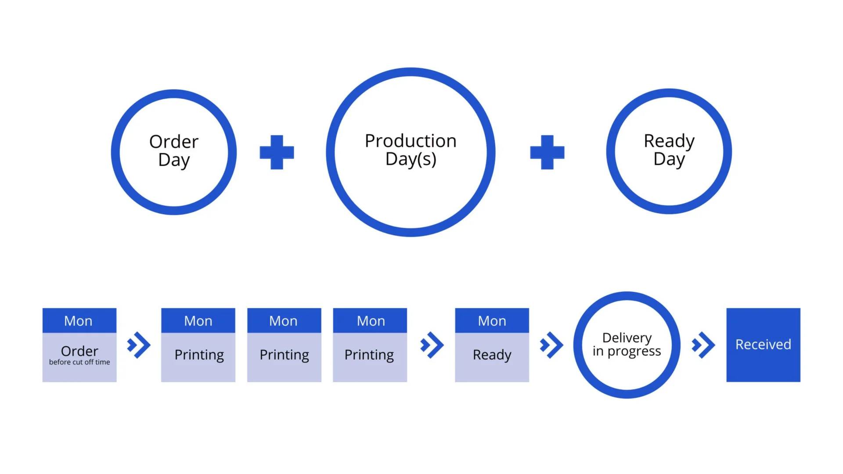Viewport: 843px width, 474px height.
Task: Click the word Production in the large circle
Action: click(411, 141)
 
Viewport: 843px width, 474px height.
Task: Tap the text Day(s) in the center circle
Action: click(411, 159)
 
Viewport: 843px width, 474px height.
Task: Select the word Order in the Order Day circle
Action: click(174, 142)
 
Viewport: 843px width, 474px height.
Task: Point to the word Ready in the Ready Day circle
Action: click(669, 141)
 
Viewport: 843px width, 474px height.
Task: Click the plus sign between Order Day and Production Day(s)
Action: click(277, 152)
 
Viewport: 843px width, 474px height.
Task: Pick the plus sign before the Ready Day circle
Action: click(547, 152)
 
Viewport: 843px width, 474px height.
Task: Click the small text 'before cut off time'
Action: click(79, 362)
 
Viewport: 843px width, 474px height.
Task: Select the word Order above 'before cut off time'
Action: click(79, 351)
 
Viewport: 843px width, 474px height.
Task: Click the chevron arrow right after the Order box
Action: click(139, 345)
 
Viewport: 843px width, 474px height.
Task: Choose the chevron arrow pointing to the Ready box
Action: click(432, 345)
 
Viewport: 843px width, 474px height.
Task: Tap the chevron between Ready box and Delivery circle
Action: click(551, 345)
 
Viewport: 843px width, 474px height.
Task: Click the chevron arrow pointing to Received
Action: click(703, 345)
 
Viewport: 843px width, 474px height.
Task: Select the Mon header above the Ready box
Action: click(492, 321)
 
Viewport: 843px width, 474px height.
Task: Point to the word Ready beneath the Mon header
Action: click(492, 355)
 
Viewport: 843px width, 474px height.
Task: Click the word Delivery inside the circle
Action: click(627, 338)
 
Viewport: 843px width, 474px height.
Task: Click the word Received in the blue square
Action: click(763, 345)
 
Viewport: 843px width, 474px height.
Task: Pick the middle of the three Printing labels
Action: click(284, 355)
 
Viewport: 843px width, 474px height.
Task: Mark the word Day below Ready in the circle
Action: click(669, 160)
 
